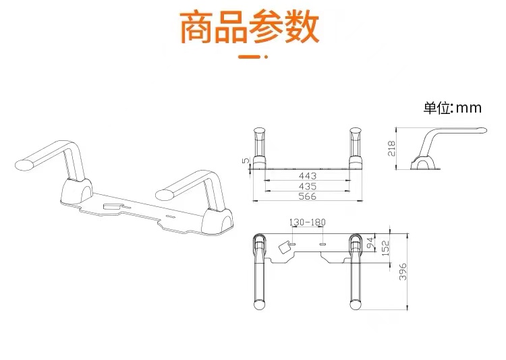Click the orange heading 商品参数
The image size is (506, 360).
[x=250, y=28]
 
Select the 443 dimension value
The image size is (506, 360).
[x=307, y=176]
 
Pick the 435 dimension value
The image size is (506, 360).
[x=307, y=186]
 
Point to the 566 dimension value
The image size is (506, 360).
[x=307, y=196]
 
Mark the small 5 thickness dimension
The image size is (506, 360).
[x=246, y=162]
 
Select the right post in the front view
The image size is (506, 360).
[x=356, y=146]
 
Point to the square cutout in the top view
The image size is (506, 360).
[x=284, y=247]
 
